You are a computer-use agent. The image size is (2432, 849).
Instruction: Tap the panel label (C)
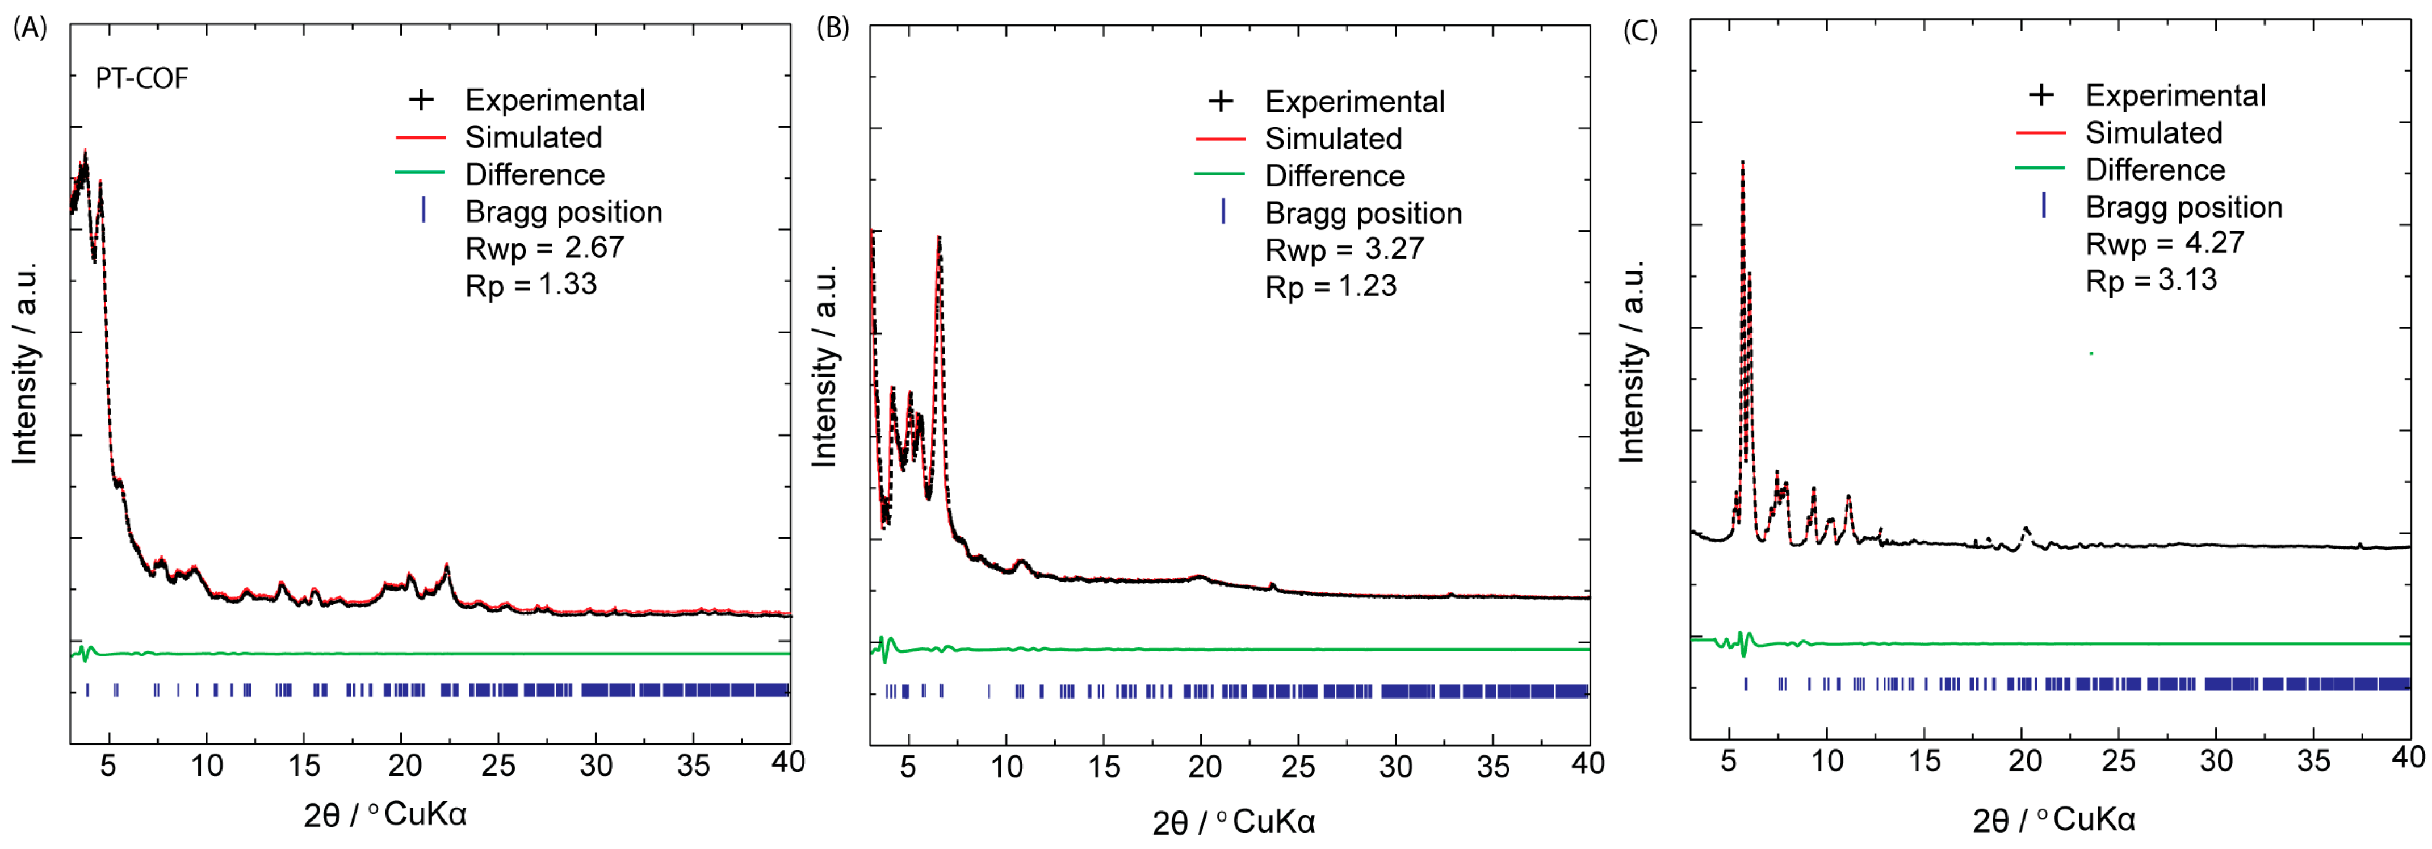pyautogui.click(x=1639, y=30)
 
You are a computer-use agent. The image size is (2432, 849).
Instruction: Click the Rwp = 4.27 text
pyautogui.click(x=2164, y=244)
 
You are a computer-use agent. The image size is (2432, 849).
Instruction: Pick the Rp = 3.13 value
pyautogui.click(x=2150, y=281)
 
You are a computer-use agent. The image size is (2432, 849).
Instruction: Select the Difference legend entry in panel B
pyautogui.click(x=1334, y=175)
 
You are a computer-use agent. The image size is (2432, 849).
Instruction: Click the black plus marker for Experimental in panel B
pyautogui.click(x=1221, y=101)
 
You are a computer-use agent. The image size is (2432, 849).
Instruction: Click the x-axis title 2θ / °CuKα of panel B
pyautogui.click(x=1232, y=822)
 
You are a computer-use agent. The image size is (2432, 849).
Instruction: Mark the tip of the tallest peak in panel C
pyautogui.click(x=1743, y=162)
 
